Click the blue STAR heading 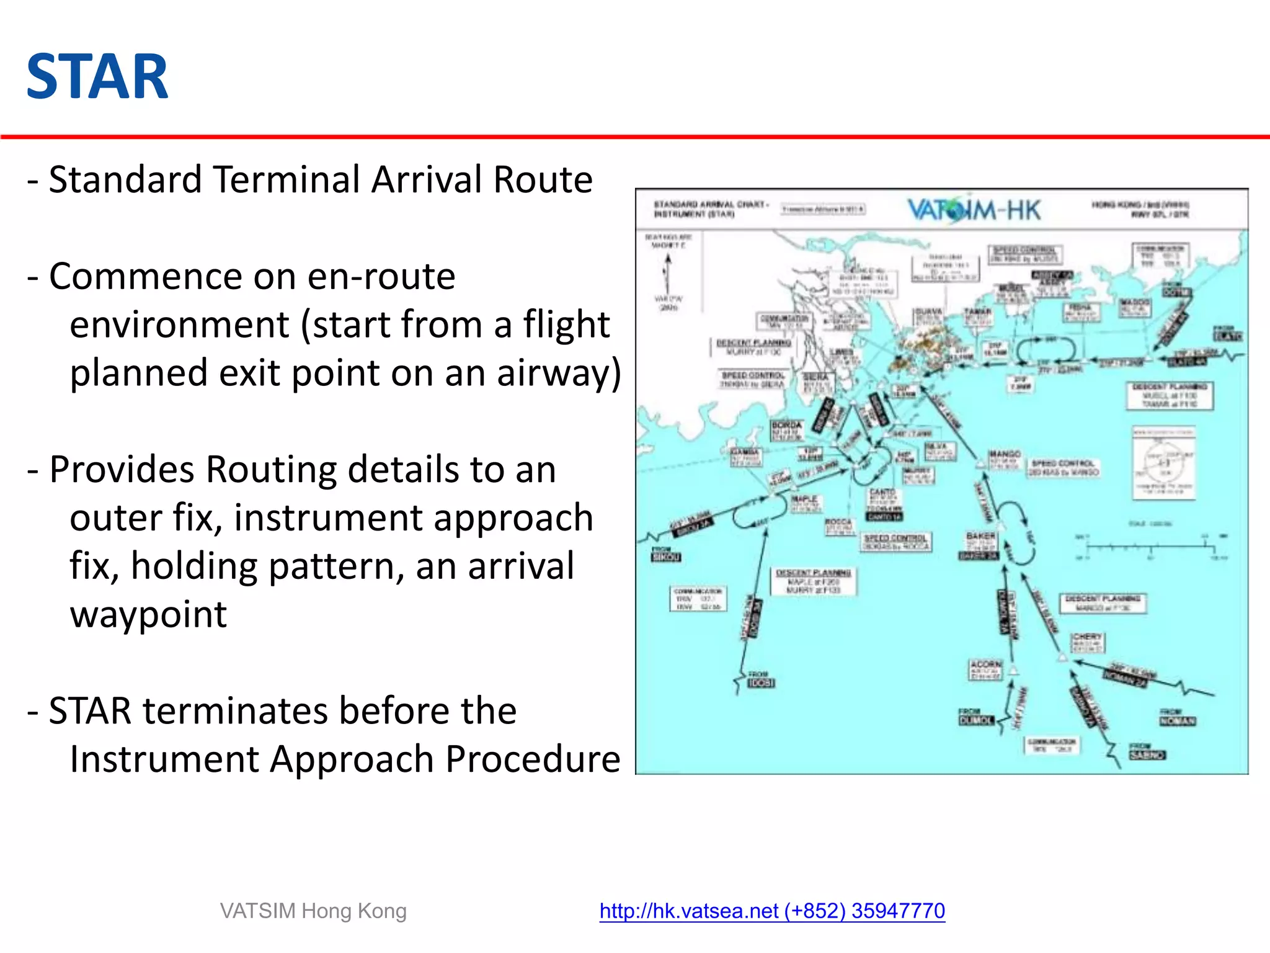tap(97, 77)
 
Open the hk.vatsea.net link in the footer tap(771, 911)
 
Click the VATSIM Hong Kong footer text tap(313, 911)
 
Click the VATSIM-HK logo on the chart tap(974, 210)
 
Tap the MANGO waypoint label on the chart tap(1005, 454)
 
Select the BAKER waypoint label tap(980, 535)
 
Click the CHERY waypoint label tap(1088, 637)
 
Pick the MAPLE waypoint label tap(804, 499)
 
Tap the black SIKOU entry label tap(666, 557)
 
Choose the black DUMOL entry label tap(976, 720)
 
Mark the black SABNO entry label tap(1147, 755)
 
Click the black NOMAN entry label tap(1178, 721)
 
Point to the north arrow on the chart tap(668, 273)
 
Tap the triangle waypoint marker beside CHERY tap(1062, 657)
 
